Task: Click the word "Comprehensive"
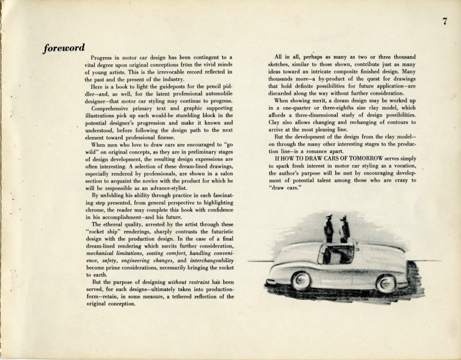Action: point(112,108)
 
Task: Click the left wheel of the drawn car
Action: point(301,281)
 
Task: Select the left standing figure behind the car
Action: point(329,229)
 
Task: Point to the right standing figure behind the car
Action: point(345,230)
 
